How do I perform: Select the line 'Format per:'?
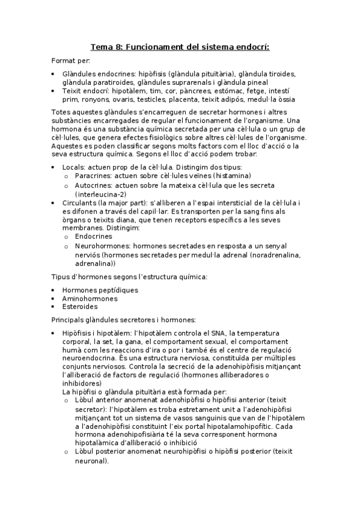click(x=70, y=61)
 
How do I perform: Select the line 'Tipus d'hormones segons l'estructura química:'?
click(x=129, y=276)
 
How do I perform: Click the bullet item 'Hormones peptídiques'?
click(x=100, y=290)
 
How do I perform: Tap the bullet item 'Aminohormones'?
click(x=90, y=298)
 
